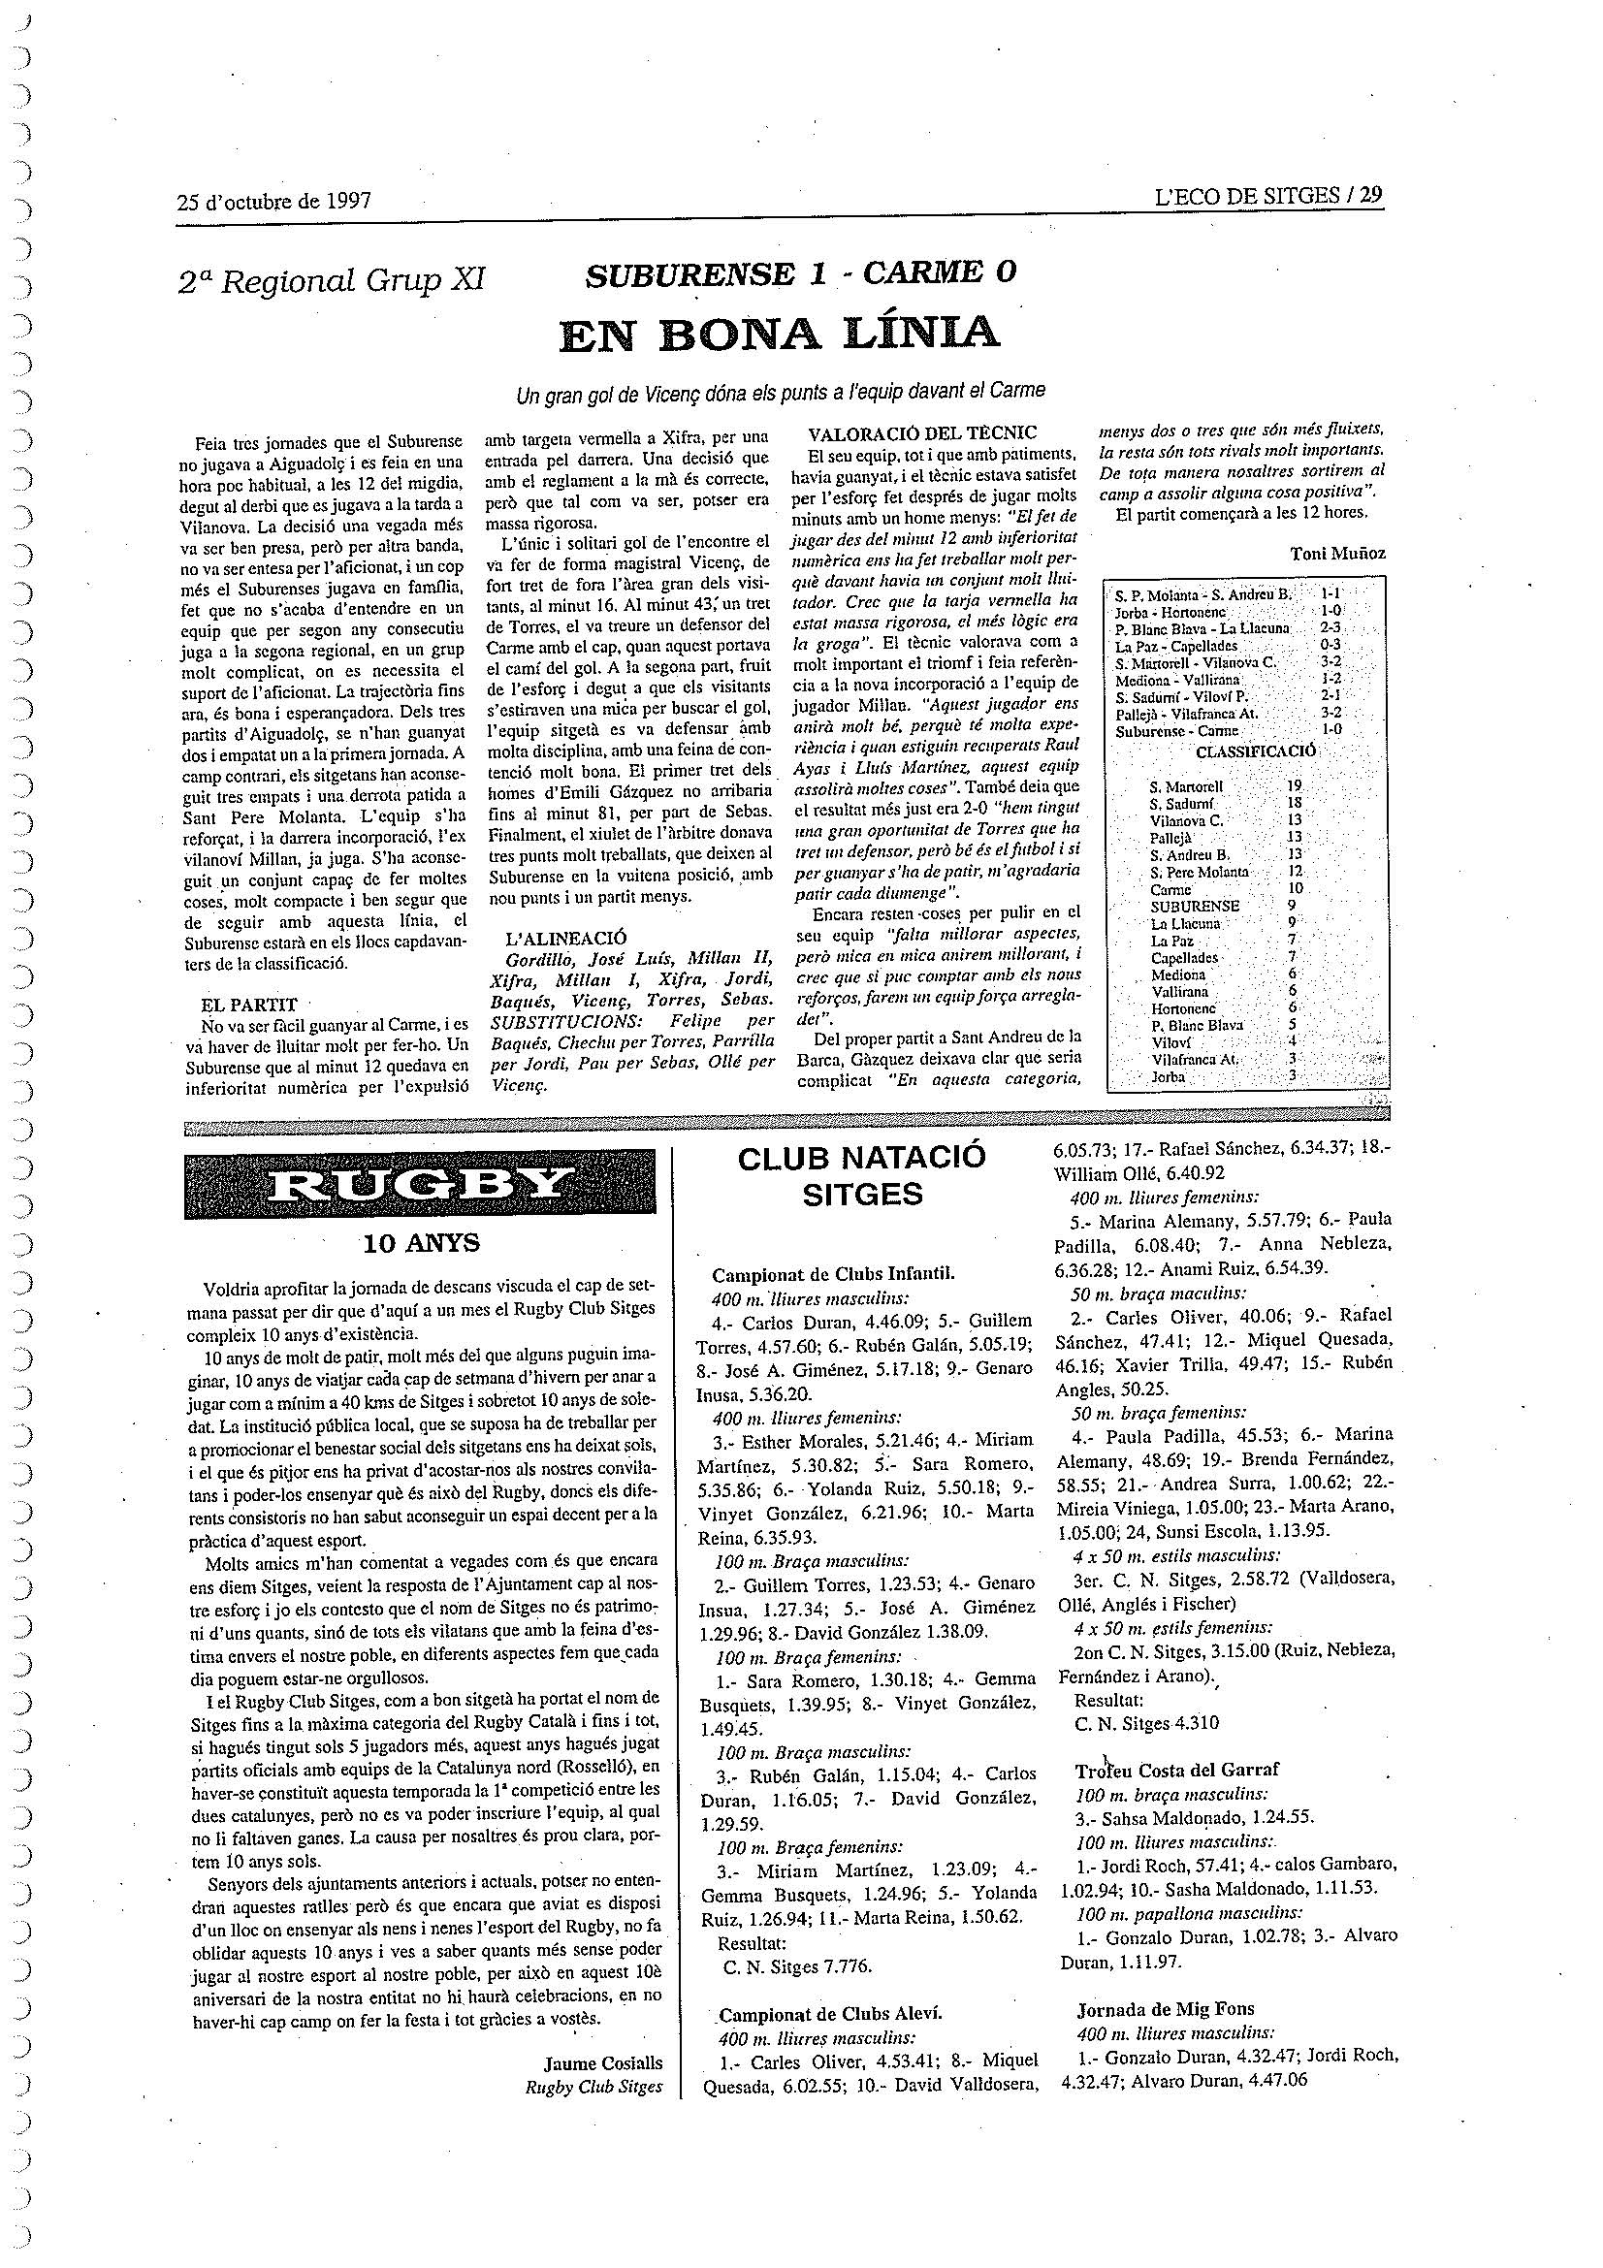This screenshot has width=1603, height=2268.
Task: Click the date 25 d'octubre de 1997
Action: click(x=273, y=202)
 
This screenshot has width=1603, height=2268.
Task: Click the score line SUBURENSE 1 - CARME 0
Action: click(x=800, y=273)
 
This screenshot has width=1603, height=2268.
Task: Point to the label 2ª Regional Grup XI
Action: click(x=332, y=281)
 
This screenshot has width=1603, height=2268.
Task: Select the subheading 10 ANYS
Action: click(x=421, y=1243)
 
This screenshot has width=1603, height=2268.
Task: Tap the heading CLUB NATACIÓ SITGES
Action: click(x=862, y=1175)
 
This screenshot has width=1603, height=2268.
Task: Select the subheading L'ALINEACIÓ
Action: click(x=565, y=937)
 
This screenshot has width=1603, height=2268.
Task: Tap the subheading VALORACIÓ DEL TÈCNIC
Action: click(x=921, y=432)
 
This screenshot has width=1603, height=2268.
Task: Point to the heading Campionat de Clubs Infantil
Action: click(x=833, y=1274)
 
